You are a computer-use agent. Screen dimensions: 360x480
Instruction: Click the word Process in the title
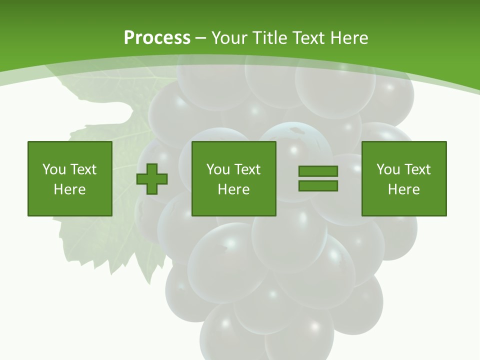(157, 38)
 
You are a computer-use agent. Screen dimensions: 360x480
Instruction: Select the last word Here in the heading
(348, 38)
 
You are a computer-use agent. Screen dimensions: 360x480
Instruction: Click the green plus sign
(152, 179)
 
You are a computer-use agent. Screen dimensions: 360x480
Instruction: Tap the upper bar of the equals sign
(318, 171)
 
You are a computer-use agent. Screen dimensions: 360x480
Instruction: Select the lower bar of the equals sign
(318, 186)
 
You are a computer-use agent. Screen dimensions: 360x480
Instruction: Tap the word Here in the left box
(70, 189)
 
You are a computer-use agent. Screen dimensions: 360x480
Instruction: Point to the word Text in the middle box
(247, 169)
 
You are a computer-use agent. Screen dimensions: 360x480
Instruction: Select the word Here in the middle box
(234, 189)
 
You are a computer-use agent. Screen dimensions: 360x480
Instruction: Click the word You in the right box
(388, 169)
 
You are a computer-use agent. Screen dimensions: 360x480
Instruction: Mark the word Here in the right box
(404, 189)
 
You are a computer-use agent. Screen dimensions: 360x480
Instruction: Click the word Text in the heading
(307, 38)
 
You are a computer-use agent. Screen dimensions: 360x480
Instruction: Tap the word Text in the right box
(417, 169)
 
